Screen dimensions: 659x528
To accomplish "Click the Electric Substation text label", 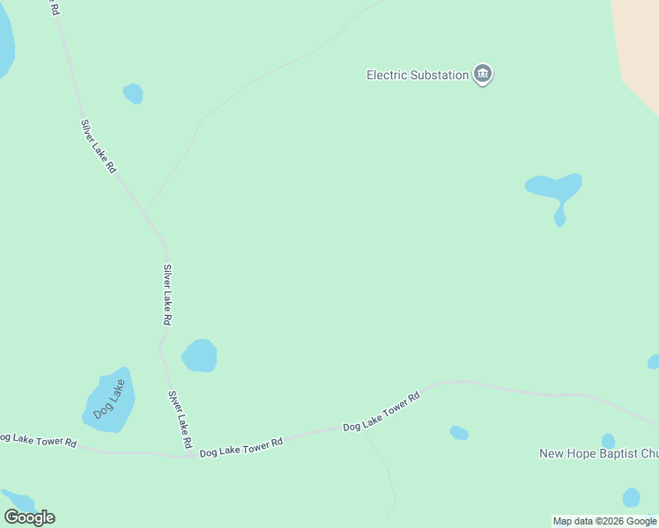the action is [418, 76].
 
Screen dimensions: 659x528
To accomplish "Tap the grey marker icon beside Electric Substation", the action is [482, 74].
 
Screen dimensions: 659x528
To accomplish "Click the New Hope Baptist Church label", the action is [599, 454].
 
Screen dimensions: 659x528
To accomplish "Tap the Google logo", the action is [29, 517].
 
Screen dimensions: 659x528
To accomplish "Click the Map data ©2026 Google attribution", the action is [604, 521].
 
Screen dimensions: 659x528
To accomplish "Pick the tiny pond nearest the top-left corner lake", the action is [133, 93].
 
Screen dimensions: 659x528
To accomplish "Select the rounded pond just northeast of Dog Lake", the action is [200, 356].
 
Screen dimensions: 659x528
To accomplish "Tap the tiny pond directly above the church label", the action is [608, 440].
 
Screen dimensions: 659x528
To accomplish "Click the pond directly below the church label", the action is [631, 497].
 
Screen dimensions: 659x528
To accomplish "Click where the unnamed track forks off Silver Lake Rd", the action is [145, 212].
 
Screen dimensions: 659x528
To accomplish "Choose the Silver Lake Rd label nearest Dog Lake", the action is [180, 419].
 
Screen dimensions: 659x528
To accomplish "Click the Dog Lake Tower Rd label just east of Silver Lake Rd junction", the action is [241, 447].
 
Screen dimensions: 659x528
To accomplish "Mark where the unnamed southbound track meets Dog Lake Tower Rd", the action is [364, 429].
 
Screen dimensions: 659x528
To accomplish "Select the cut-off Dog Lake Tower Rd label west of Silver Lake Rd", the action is [37, 439].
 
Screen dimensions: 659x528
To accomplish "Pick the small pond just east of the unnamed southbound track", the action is [459, 433].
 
